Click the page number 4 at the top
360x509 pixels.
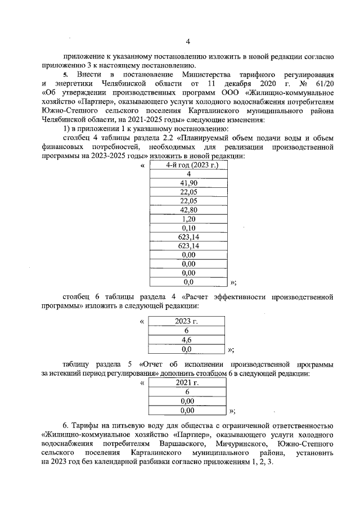coord(188,41)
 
